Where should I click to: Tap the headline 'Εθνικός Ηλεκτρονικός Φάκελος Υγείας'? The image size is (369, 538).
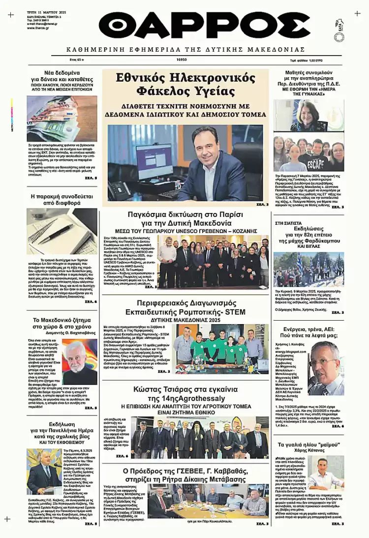185,85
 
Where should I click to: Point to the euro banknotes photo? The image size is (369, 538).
61,119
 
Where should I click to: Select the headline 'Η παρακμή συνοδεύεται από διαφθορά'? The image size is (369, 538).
61,200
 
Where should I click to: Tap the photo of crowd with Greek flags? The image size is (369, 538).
308,269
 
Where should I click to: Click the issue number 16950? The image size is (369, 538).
182,60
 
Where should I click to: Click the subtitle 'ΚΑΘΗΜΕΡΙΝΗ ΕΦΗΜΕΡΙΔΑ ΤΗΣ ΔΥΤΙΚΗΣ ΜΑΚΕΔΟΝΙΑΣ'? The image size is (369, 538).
185,50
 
